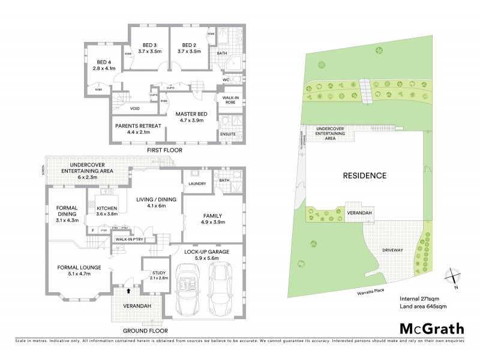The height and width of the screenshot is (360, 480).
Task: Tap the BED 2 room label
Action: tap(189, 44)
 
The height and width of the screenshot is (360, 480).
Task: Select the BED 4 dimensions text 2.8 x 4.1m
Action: tap(105, 69)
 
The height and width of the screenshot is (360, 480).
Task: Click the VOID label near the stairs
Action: tap(136, 109)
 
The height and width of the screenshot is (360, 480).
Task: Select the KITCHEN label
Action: tap(107, 208)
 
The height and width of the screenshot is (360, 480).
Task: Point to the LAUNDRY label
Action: tap(197, 183)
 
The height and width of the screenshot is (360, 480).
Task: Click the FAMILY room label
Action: tap(212, 215)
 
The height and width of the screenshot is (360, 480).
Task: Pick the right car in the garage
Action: tap(224, 292)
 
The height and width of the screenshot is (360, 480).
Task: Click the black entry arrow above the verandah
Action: tap(128, 290)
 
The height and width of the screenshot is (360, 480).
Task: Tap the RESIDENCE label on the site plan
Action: tap(365, 176)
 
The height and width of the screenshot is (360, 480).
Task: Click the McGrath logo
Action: tap(431, 328)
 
